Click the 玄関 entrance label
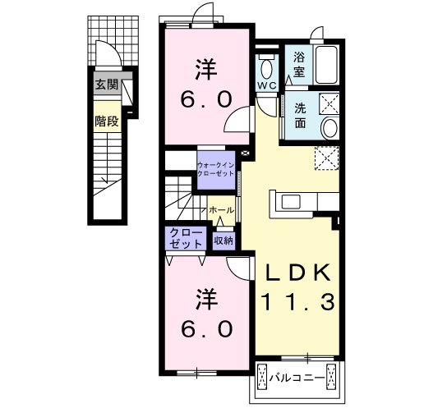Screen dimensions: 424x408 (x=107, y=85)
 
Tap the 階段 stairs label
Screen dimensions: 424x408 (x=107, y=121)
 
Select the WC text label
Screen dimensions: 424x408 (x=267, y=85)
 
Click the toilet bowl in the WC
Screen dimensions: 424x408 (x=266, y=68)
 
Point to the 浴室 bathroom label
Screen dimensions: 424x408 (x=299, y=65)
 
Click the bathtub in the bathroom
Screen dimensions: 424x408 (x=326, y=65)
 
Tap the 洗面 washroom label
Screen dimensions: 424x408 (x=301, y=116)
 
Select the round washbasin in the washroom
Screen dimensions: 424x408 (x=330, y=127)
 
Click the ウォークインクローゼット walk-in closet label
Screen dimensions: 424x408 (x=216, y=169)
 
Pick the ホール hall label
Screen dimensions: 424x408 (x=221, y=210)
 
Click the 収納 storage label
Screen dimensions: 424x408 (x=224, y=241)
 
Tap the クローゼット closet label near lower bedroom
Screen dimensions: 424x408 (x=186, y=238)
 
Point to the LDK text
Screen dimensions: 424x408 (x=298, y=273)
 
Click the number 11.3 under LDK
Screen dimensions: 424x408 (x=298, y=302)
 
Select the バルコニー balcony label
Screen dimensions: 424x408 (x=297, y=378)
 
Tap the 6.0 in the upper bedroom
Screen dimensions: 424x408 (x=206, y=99)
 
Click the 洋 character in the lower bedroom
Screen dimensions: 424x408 (x=206, y=299)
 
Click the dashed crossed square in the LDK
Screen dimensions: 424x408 (x=327, y=158)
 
